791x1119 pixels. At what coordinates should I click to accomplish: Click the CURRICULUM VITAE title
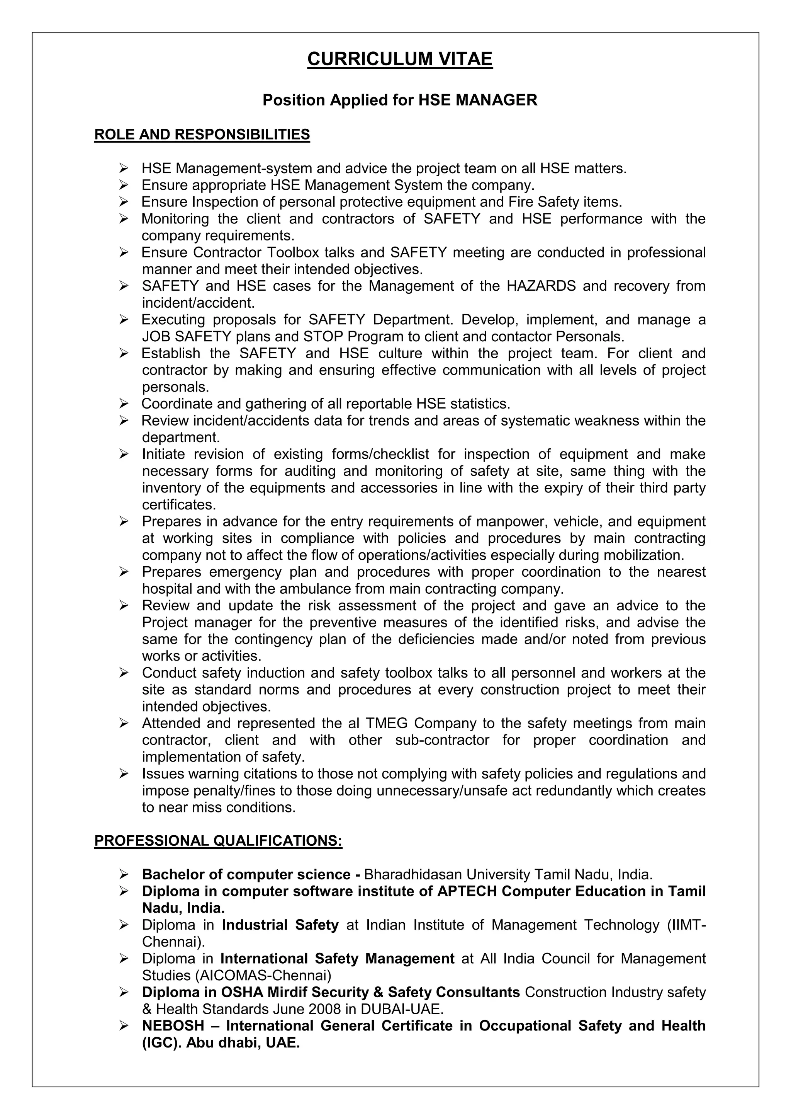click(x=399, y=59)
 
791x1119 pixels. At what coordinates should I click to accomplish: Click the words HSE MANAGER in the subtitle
click(x=478, y=100)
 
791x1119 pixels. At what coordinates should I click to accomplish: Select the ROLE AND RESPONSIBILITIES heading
click(x=202, y=135)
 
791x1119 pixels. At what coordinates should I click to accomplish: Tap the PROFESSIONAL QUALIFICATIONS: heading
click(x=218, y=841)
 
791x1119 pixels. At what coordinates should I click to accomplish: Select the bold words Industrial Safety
click(x=280, y=925)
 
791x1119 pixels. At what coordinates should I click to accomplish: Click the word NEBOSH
click(x=173, y=1026)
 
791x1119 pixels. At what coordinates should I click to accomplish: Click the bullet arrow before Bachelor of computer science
click(x=124, y=874)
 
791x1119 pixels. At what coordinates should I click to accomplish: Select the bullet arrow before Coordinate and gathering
click(x=124, y=404)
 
